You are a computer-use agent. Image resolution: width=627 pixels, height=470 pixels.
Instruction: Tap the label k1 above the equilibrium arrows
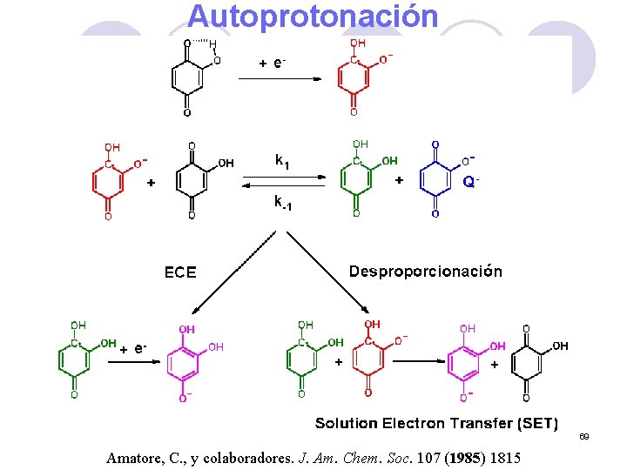pyautogui.click(x=282, y=160)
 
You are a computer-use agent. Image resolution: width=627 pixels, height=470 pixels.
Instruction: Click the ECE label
pyautogui.click(x=180, y=272)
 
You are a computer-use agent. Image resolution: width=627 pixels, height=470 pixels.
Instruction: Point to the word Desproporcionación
pyautogui.click(x=425, y=272)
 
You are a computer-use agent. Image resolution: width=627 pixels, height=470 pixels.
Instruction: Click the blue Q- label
pyautogui.click(x=470, y=183)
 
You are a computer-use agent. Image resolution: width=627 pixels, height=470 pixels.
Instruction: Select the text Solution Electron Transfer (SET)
pyautogui.click(x=435, y=424)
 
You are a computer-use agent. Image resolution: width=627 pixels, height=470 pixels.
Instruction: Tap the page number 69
pyautogui.click(x=584, y=436)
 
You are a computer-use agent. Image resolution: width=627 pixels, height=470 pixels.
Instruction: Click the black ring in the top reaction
pyautogui.click(x=187, y=77)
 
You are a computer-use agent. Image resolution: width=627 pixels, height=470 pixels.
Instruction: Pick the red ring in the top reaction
pyautogui.click(x=353, y=77)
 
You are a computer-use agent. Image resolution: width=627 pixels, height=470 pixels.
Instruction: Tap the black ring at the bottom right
pyautogui.click(x=526, y=361)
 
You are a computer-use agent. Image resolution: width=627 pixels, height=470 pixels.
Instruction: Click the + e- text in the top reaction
pyautogui.click(x=273, y=63)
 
